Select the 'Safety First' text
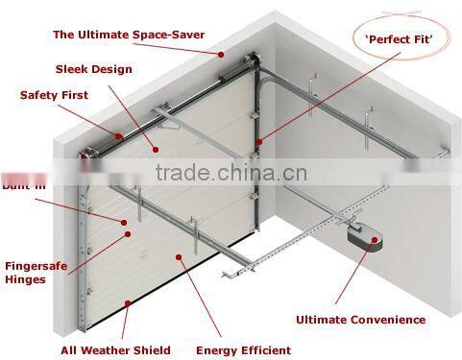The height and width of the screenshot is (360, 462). (x=54, y=95)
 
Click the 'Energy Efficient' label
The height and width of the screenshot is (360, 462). (x=241, y=350)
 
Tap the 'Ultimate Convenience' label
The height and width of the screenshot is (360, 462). (x=360, y=320)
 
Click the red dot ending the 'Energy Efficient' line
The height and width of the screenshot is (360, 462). (x=180, y=256)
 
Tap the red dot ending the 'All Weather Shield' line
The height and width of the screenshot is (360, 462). (x=127, y=304)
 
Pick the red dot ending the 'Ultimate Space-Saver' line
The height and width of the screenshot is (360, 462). (x=222, y=57)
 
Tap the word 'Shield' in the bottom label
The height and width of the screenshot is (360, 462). (x=152, y=350)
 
